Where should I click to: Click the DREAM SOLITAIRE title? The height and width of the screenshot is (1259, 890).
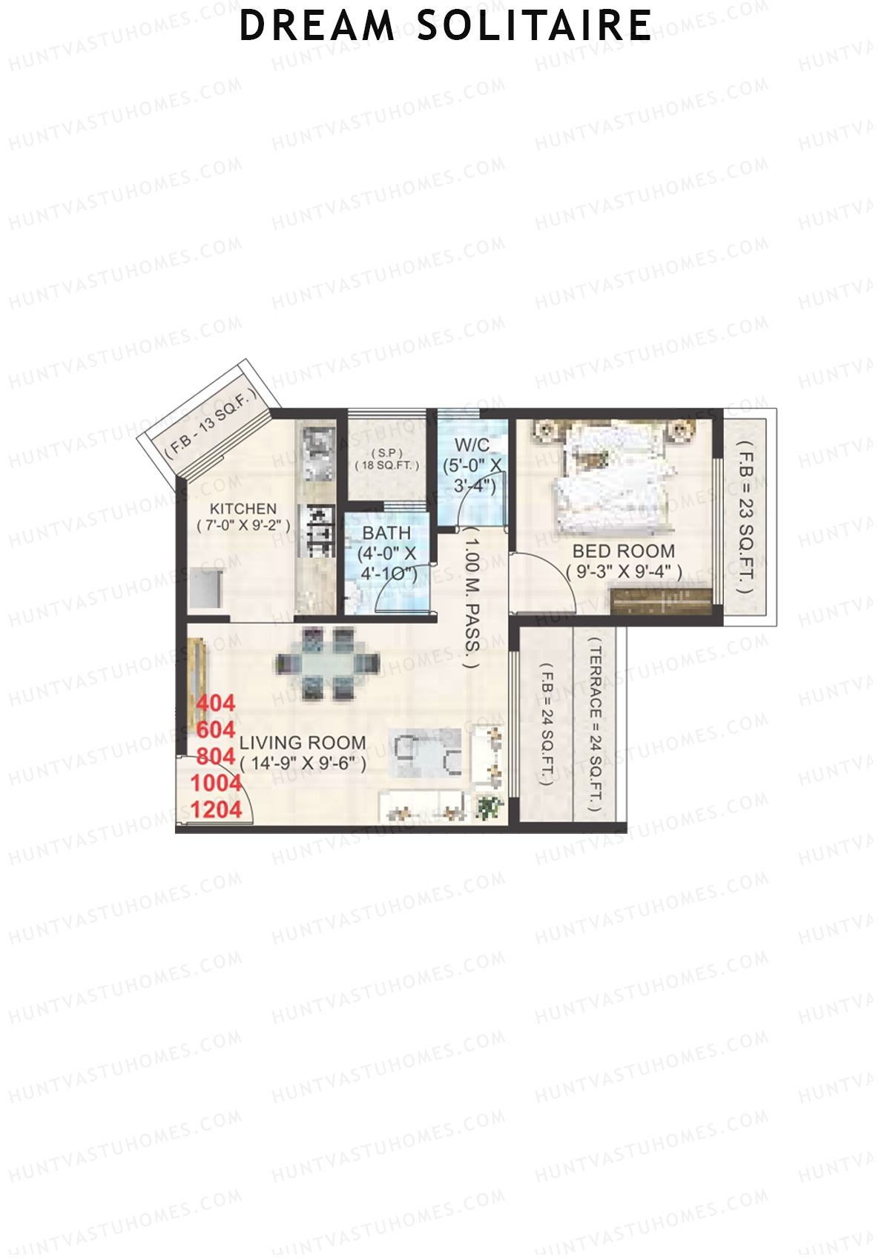click(445, 27)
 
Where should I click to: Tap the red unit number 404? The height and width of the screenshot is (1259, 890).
click(216, 703)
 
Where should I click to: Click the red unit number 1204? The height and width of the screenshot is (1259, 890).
click(216, 809)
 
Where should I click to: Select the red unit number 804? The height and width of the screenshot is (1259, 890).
click(216, 756)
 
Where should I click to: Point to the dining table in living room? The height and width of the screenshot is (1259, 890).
click(327, 663)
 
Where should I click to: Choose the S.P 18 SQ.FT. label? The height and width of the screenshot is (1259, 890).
click(386, 458)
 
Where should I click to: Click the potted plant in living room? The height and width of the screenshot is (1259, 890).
click(488, 806)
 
